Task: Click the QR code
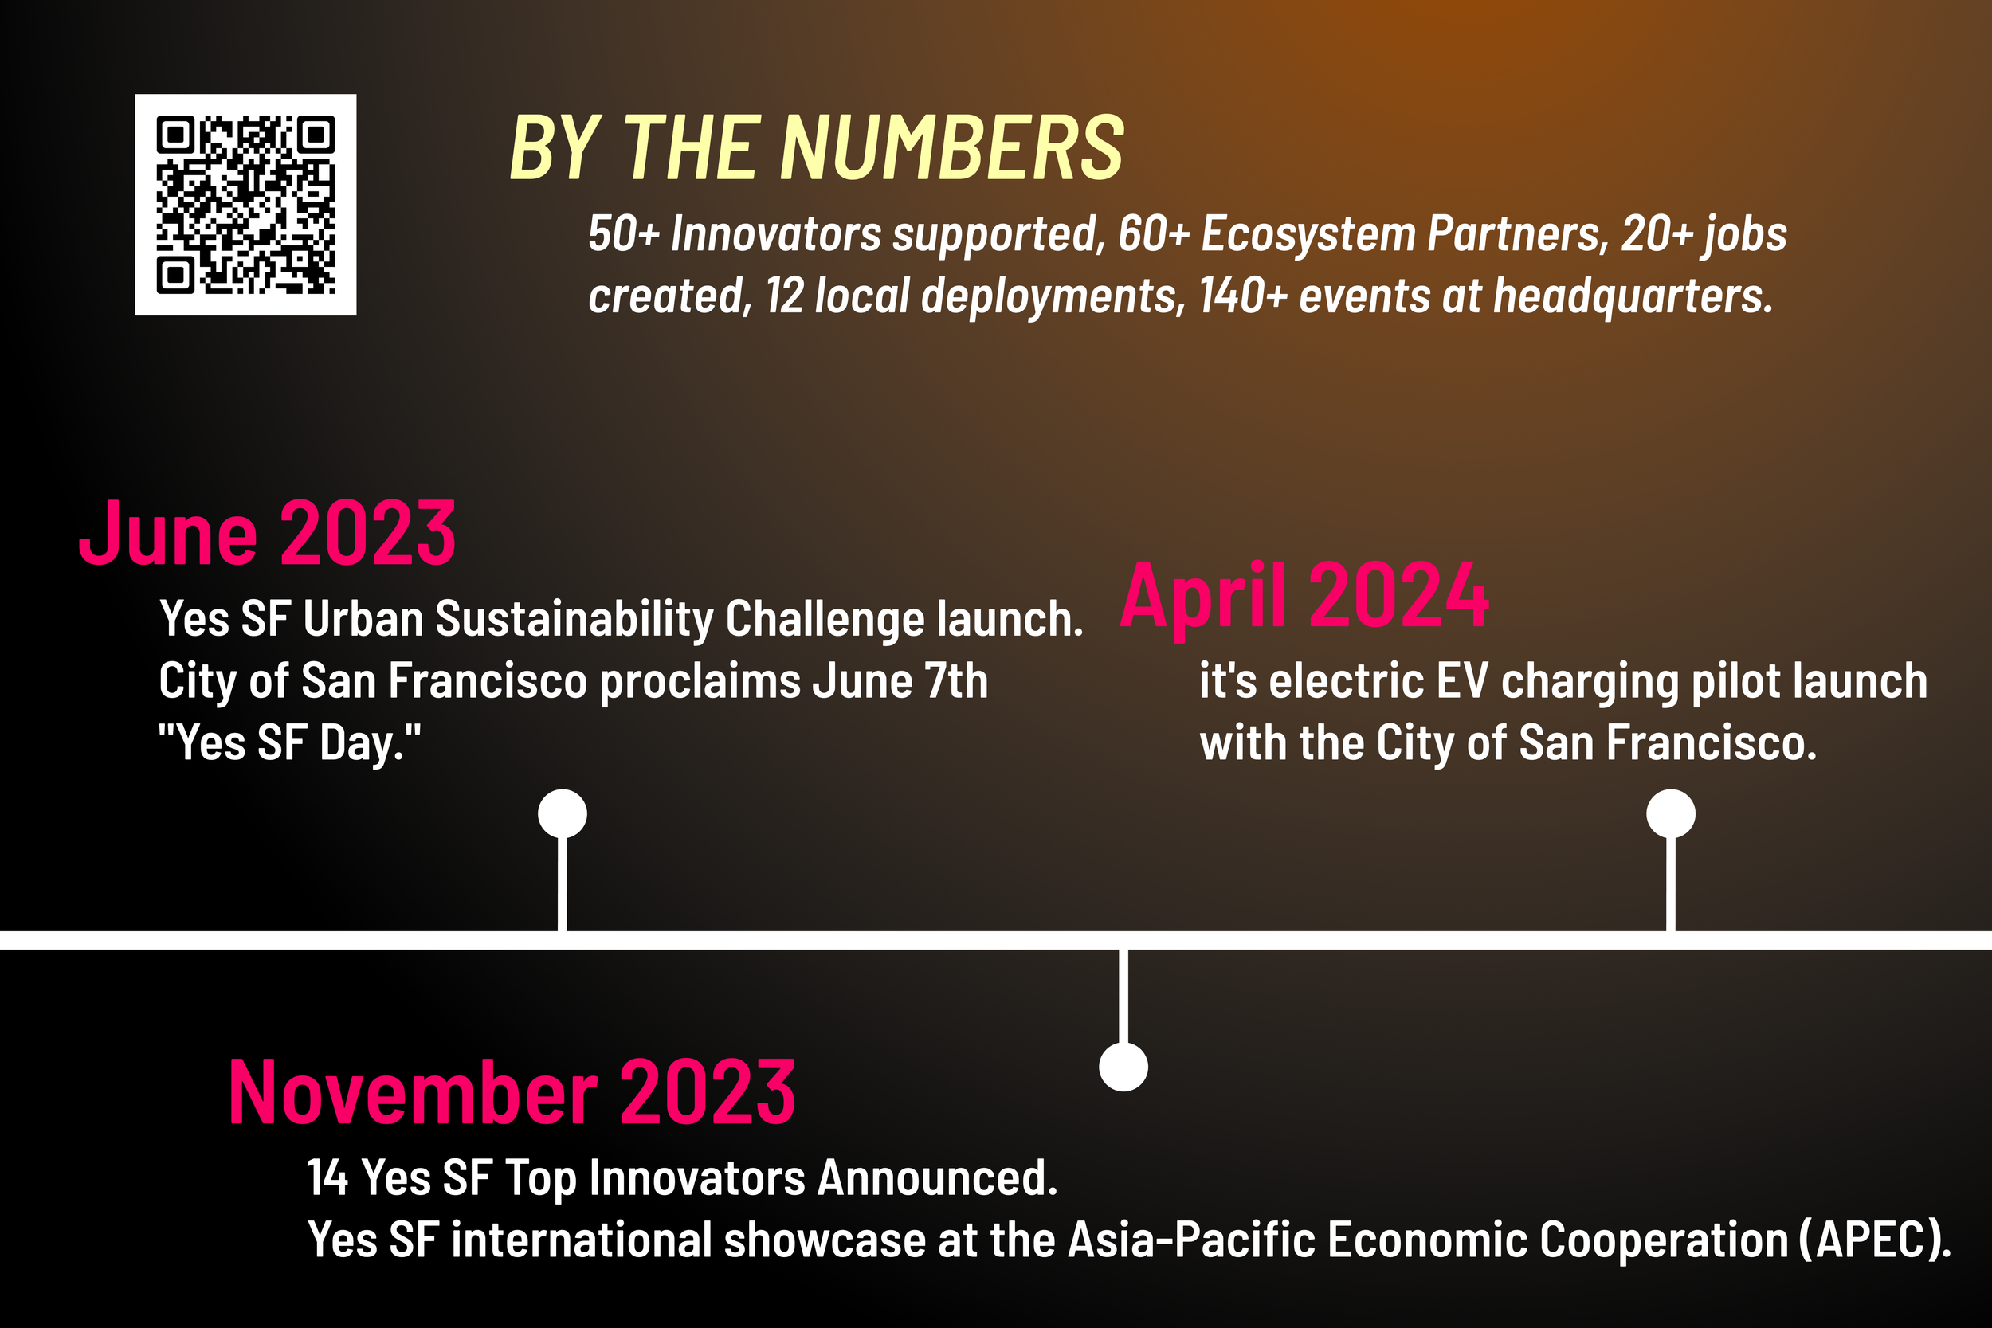[x=245, y=205]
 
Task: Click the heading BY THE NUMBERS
[x=817, y=149]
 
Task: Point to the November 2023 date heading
[x=512, y=1095]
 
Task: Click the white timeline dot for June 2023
[x=563, y=814]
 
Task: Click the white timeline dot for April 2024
[x=1670, y=814]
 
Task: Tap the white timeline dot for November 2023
[x=1123, y=1067]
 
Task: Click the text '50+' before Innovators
[x=623, y=234]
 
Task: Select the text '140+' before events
[x=1243, y=296]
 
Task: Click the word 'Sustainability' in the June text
[x=574, y=620]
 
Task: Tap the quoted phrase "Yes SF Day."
[x=290, y=743]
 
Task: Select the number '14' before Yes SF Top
[x=327, y=1178]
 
